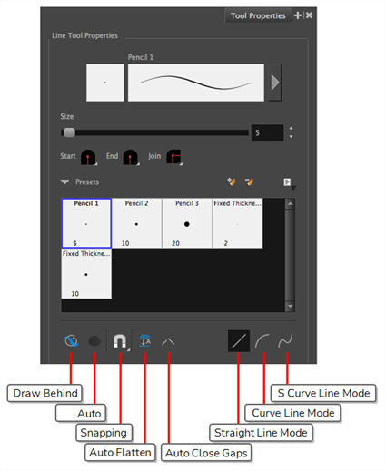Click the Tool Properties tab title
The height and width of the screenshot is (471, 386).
pos(258,15)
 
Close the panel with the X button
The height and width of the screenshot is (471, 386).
pos(309,15)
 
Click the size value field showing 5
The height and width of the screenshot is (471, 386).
pos(267,132)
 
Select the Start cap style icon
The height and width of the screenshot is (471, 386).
pos(88,157)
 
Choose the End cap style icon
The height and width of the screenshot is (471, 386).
pos(131,157)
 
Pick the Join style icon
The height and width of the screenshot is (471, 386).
pos(174,157)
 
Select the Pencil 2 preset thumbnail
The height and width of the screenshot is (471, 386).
pos(136,223)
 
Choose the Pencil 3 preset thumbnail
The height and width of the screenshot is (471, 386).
pos(187,223)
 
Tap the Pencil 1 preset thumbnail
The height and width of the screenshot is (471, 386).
pos(86,223)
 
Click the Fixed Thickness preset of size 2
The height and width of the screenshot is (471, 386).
pos(238,223)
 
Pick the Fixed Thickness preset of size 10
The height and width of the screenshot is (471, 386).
pos(86,274)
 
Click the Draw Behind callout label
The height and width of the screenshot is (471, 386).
pos(45,393)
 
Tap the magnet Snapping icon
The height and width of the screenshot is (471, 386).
pos(120,341)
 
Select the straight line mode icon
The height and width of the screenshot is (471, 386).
pos(239,341)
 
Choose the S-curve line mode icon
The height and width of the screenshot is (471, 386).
pos(285,341)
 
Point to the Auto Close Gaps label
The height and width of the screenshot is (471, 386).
pos(206,453)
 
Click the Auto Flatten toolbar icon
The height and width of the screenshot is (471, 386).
pos(145,341)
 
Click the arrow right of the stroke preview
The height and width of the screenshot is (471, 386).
pos(275,83)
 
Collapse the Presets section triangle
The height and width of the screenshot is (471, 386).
pos(64,182)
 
